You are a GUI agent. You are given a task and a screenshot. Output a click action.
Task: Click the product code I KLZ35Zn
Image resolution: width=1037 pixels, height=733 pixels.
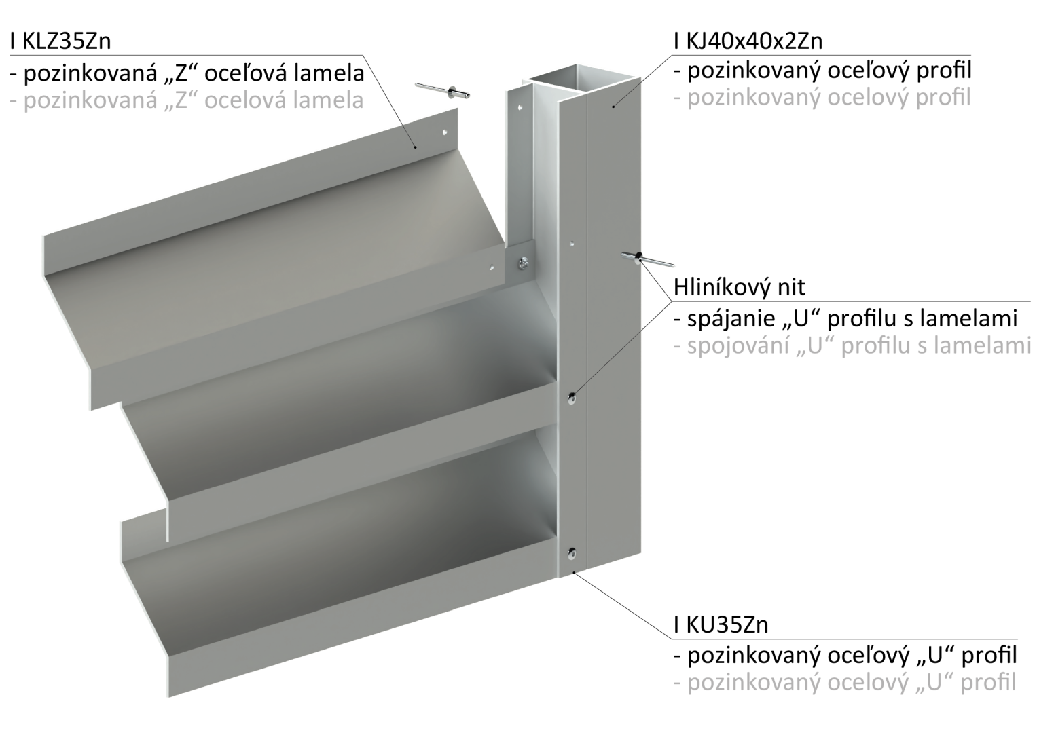[x=60, y=41]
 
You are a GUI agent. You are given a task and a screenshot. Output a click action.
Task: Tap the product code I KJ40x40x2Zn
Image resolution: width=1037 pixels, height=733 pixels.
[x=748, y=41]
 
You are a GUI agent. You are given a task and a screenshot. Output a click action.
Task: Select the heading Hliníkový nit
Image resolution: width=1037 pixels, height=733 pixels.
[x=740, y=287]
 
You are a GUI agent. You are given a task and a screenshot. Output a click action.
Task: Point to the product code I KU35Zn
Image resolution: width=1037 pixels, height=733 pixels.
[x=721, y=624]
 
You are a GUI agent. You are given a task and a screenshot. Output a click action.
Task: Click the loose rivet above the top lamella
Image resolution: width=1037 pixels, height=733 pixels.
[x=443, y=91]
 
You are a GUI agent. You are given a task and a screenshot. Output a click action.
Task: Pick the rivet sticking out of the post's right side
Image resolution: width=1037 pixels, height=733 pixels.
[x=648, y=259]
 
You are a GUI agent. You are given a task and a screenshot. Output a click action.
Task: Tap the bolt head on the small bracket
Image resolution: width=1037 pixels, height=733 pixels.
[x=524, y=264]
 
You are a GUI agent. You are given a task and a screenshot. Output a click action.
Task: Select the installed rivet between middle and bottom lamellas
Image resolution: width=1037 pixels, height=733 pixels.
[x=572, y=398]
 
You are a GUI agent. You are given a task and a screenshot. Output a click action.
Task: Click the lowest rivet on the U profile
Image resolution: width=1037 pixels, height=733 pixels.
[x=572, y=552]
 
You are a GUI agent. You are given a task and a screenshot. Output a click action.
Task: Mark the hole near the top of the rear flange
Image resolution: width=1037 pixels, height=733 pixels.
[x=520, y=107]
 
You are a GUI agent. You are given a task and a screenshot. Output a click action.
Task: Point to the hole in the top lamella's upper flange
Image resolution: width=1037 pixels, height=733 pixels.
[x=445, y=132]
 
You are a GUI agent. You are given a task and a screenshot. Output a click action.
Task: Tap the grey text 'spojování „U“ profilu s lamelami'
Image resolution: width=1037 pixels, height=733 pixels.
[x=852, y=346]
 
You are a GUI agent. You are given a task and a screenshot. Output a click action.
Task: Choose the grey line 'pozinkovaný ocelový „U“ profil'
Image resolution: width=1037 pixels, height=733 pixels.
[x=845, y=683]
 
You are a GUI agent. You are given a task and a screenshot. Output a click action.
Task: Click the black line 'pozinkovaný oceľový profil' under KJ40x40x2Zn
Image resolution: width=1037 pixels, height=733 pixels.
[x=822, y=71]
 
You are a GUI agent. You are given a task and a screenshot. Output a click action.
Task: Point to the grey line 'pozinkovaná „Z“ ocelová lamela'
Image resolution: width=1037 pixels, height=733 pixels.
[x=187, y=101]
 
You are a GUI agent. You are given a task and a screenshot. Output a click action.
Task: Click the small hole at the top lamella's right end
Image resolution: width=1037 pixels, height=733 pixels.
[x=492, y=267]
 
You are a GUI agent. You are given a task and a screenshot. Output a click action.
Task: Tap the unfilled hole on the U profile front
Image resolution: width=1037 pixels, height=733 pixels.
[x=572, y=242]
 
